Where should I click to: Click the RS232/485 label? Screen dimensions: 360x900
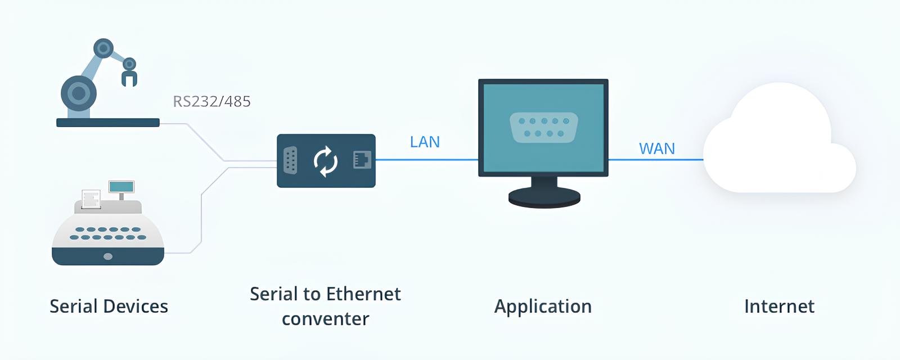click(211, 101)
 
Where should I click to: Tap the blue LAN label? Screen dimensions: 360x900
click(425, 142)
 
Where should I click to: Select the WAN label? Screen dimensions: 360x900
click(656, 148)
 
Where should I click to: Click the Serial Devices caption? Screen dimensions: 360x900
click(109, 307)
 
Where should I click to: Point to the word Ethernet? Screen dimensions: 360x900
click(363, 294)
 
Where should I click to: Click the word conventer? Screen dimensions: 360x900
click(325, 319)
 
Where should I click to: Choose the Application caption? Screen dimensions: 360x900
click(543, 307)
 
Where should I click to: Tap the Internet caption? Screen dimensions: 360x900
click(779, 307)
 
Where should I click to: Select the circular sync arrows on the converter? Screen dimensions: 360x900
click(325, 161)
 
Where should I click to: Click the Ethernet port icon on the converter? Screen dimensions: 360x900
click(362, 160)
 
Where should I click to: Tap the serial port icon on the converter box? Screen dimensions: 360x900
click(290, 161)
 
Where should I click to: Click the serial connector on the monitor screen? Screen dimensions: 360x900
click(543, 127)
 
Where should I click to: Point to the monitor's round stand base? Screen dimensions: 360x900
click(544, 197)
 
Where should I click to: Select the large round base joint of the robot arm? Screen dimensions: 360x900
click(79, 93)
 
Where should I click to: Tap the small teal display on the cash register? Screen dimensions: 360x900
click(121, 187)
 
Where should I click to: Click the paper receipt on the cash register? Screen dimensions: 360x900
click(91, 199)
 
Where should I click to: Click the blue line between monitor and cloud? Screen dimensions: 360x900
click(655, 160)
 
